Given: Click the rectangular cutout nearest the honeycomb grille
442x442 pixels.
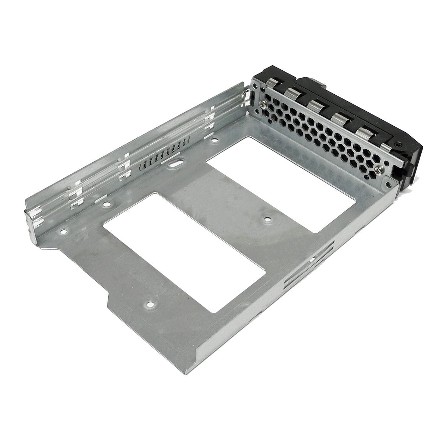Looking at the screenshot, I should pos(281,183).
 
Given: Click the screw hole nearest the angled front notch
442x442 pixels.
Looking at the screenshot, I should pos(150,304).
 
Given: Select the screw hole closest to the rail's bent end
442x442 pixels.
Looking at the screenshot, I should pos(64,232).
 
